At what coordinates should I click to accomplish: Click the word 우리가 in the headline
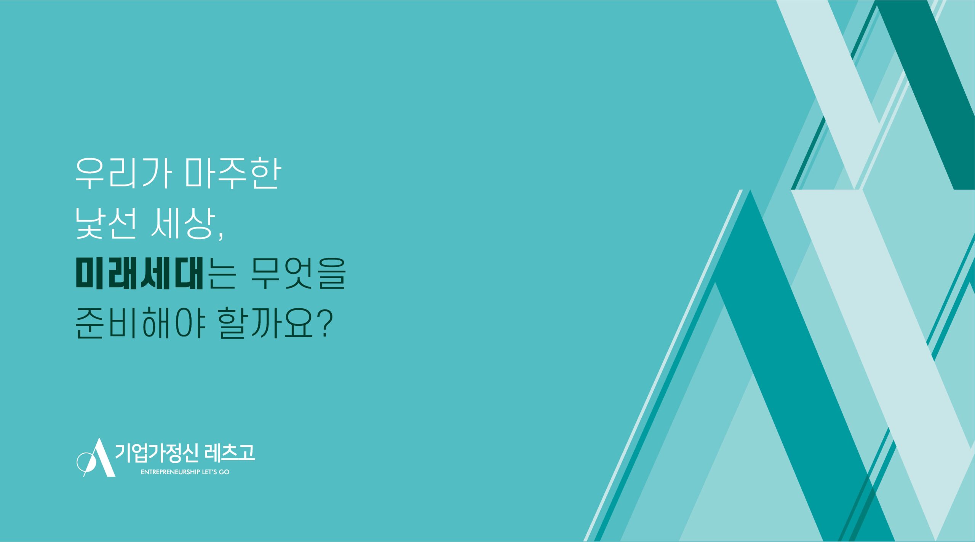tap(123, 173)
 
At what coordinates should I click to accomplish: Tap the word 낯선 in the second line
tap(105, 223)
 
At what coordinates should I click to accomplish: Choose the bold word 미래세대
tap(139, 273)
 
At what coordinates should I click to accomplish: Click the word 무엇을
tap(298, 273)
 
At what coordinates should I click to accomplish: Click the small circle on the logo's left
tap(84, 462)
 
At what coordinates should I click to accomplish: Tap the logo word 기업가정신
tap(157, 453)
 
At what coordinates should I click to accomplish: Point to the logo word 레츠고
tap(230, 453)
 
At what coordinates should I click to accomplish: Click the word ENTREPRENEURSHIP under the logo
tap(170, 472)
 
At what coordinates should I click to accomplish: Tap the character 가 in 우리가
tap(156, 173)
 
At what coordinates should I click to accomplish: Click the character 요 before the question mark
tap(298, 324)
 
